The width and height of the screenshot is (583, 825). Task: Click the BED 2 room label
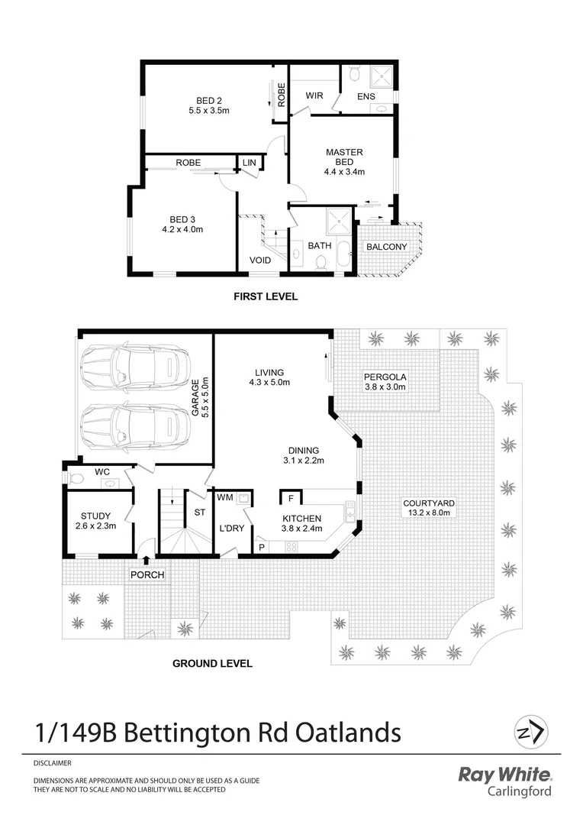pyautogui.click(x=208, y=100)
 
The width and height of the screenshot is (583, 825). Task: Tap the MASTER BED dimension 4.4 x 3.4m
pyautogui.click(x=344, y=173)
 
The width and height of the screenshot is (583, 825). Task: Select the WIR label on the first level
pyautogui.click(x=314, y=96)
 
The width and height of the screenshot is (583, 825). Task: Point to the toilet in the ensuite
pyautogui.click(x=353, y=73)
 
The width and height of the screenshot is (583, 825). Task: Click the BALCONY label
pyautogui.click(x=386, y=247)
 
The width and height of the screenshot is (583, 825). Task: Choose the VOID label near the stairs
pyautogui.click(x=260, y=260)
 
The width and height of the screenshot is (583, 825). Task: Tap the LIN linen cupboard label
pyautogui.click(x=250, y=163)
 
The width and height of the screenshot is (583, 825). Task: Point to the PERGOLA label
pyautogui.click(x=385, y=377)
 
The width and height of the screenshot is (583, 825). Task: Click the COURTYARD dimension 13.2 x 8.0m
pyautogui.click(x=429, y=513)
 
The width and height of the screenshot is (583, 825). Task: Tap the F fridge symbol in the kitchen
pyautogui.click(x=291, y=499)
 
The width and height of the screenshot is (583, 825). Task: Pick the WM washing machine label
pyautogui.click(x=224, y=498)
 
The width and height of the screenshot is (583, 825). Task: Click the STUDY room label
pyautogui.click(x=95, y=516)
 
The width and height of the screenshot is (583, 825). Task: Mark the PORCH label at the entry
pyautogui.click(x=147, y=575)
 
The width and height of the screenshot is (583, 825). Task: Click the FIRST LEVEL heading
pyautogui.click(x=265, y=296)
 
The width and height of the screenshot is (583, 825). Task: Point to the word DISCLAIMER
pyautogui.click(x=53, y=762)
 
